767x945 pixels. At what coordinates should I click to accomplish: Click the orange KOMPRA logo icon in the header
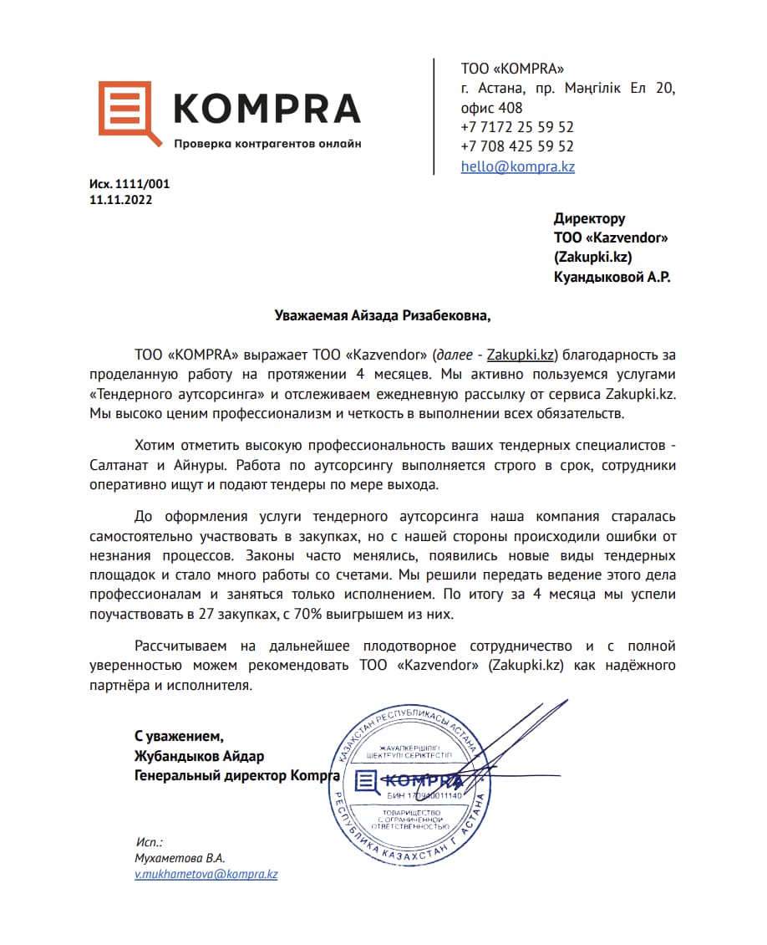(130, 113)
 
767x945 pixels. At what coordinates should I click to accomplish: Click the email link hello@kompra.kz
(517, 166)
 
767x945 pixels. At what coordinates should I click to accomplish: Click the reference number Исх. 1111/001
(129, 184)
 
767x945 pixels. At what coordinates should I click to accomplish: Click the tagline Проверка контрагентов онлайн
(267, 144)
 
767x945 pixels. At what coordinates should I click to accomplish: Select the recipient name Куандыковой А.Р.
(612, 276)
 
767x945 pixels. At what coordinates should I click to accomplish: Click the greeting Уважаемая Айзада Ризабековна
(383, 315)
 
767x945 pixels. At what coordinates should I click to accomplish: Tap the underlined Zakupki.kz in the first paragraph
(521, 355)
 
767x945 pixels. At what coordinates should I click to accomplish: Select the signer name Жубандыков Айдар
(199, 756)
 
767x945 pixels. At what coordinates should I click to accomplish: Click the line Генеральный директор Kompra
(236, 775)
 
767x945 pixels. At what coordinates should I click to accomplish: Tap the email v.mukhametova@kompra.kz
(206, 874)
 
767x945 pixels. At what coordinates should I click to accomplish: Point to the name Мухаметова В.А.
(180, 858)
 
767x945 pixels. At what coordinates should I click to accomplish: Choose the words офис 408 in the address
(491, 108)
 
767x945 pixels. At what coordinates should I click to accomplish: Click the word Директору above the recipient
(589, 218)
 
